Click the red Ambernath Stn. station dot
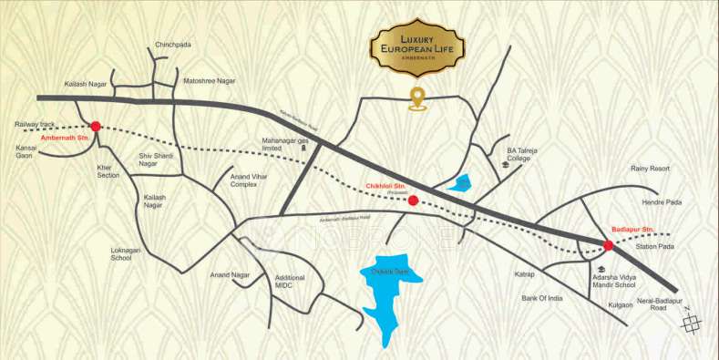[x=95, y=126]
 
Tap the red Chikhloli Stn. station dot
[x=413, y=200]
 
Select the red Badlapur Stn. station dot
[x=608, y=245]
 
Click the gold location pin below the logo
[x=417, y=98]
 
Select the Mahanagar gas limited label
[x=283, y=146]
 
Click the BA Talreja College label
[x=518, y=153]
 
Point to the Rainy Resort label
[x=650, y=169]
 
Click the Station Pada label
[x=653, y=246]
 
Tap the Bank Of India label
[x=543, y=298]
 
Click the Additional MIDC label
[x=290, y=283]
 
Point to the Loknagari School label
[x=121, y=252]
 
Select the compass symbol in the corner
[x=693, y=321]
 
